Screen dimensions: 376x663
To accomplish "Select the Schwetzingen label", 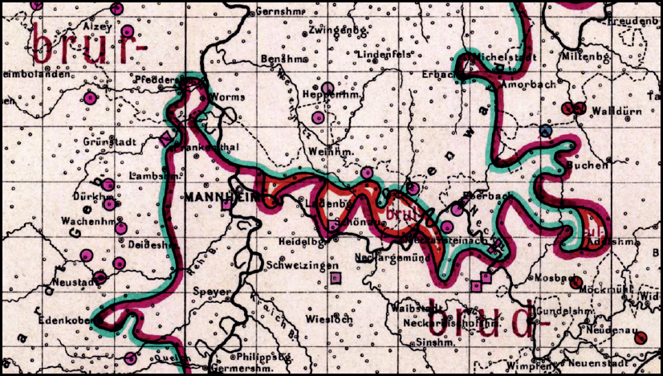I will click(x=298, y=265).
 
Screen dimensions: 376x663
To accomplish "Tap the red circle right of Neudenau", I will click(x=640, y=338).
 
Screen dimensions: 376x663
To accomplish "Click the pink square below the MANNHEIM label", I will click(x=227, y=205).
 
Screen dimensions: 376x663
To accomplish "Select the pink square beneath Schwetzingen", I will click(x=336, y=278).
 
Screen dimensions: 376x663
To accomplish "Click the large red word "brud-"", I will click(x=481, y=321).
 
